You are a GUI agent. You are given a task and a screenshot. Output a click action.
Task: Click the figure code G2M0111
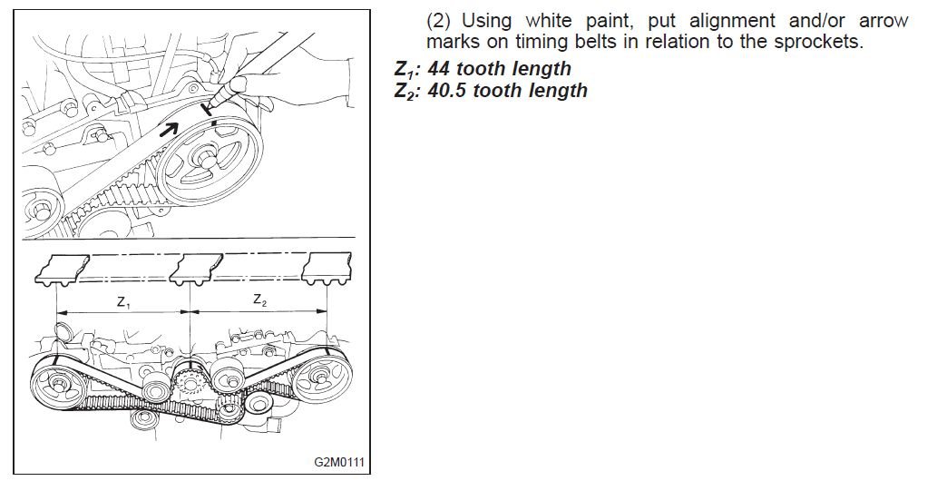click(x=339, y=462)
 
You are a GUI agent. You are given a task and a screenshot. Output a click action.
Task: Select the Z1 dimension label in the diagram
click(x=123, y=303)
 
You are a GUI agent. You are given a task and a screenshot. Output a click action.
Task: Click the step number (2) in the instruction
click(x=439, y=21)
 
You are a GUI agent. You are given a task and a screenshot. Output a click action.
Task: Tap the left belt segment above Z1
click(x=63, y=268)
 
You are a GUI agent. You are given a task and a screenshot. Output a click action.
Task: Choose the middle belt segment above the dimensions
click(x=196, y=267)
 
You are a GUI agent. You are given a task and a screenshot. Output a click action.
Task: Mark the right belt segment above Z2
click(x=327, y=267)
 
